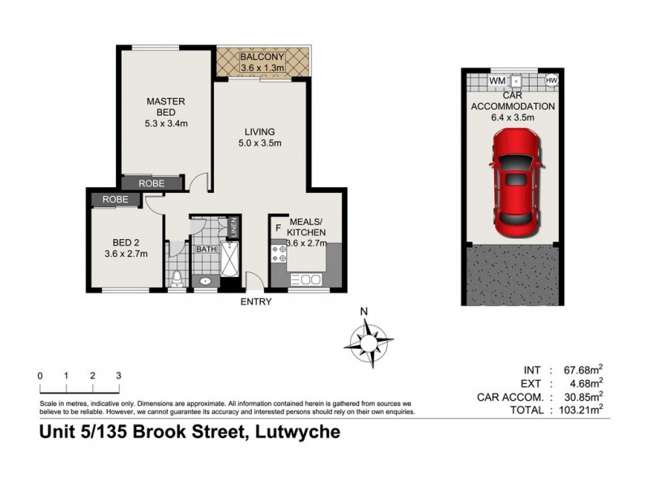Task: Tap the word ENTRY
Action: coord(256,302)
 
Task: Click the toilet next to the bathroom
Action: coord(176,278)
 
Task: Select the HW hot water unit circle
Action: coord(552,81)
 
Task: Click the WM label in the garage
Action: coord(497,81)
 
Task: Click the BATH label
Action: coord(206,249)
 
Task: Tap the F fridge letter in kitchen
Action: coord(279,228)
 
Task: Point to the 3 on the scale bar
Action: coord(118,376)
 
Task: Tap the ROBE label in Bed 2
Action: coord(115,199)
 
